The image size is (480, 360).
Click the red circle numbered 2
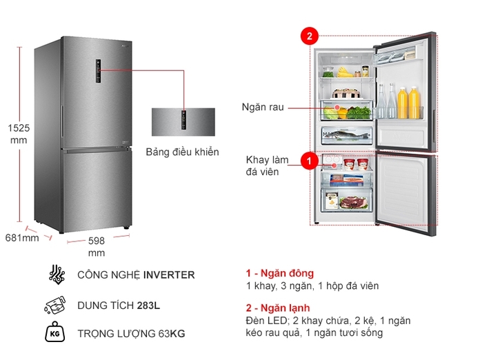pyautogui.click(x=310, y=36)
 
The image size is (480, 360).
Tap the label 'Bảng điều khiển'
pyautogui.click(x=182, y=152)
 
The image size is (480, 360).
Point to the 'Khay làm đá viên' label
pyautogui.click(x=262, y=166)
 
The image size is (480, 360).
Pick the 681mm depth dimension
pyautogui.click(x=21, y=238)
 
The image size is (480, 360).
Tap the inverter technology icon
pyautogui.click(x=56, y=274)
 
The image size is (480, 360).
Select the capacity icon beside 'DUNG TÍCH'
pyautogui.click(x=56, y=305)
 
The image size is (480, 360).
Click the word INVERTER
pyautogui.click(x=169, y=275)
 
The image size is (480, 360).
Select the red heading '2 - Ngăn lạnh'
pyautogui.click(x=278, y=308)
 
